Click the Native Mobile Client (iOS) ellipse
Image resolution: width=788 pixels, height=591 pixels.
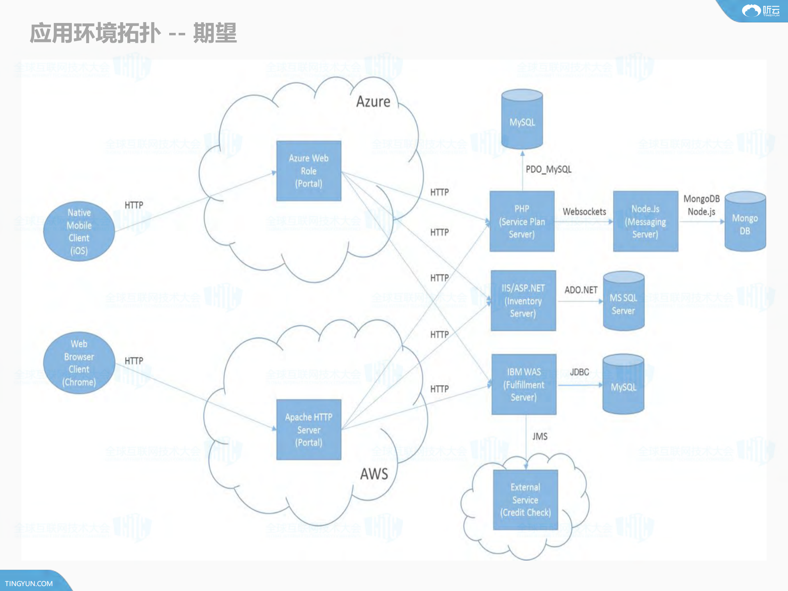pyautogui.click(x=79, y=231)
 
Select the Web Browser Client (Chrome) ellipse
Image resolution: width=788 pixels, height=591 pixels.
pyautogui.click(x=79, y=363)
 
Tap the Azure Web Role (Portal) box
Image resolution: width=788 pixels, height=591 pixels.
pyautogui.click(x=308, y=171)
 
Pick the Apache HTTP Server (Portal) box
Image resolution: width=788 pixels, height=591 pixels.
pyautogui.click(x=308, y=430)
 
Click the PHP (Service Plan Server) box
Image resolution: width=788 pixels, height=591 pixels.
pyautogui.click(x=522, y=221)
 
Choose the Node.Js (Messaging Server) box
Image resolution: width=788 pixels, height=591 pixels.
pyautogui.click(x=645, y=221)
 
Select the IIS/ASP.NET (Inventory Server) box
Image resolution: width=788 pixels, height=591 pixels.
pyautogui.click(x=523, y=301)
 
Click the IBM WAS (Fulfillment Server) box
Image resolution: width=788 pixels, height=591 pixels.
pyautogui.click(x=524, y=384)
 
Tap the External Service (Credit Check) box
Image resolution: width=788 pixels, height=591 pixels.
pyautogui.click(x=525, y=500)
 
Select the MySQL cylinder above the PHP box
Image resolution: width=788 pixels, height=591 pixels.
pyautogui.click(x=522, y=120)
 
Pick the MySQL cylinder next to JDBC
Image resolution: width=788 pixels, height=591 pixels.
pyautogui.click(x=623, y=385)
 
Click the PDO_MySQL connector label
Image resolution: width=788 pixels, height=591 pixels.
pyautogui.click(x=548, y=169)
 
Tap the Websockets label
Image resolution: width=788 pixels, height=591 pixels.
pyautogui.click(x=584, y=212)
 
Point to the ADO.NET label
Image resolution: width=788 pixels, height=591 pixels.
pyautogui.click(x=581, y=290)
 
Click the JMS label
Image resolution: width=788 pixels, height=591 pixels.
pyautogui.click(x=540, y=436)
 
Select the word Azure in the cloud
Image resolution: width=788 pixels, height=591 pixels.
pyautogui.click(x=373, y=101)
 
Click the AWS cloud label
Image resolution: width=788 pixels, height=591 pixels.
pyautogui.click(x=374, y=474)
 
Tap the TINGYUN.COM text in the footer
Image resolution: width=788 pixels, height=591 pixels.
pyautogui.click(x=29, y=583)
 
